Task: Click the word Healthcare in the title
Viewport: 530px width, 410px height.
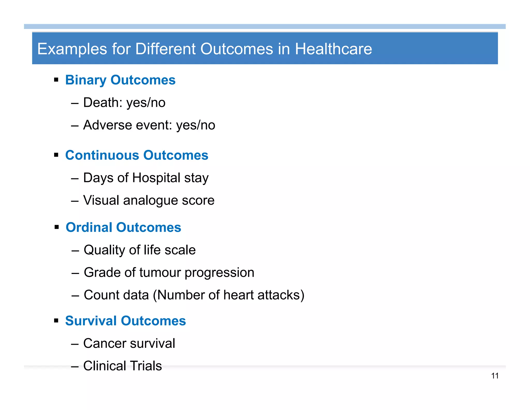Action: pyautogui.click(x=333, y=49)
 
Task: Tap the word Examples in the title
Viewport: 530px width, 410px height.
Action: pyautogui.click(x=72, y=49)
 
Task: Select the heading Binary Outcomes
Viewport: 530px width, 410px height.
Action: pyautogui.click(x=120, y=80)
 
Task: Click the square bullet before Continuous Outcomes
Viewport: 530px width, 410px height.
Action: pyautogui.click(x=56, y=155)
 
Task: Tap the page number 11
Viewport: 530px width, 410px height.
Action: pyautogui.click(x=495, y=376)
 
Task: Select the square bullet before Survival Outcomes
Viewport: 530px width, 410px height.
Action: pyautogui.click(x=56, y=321)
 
